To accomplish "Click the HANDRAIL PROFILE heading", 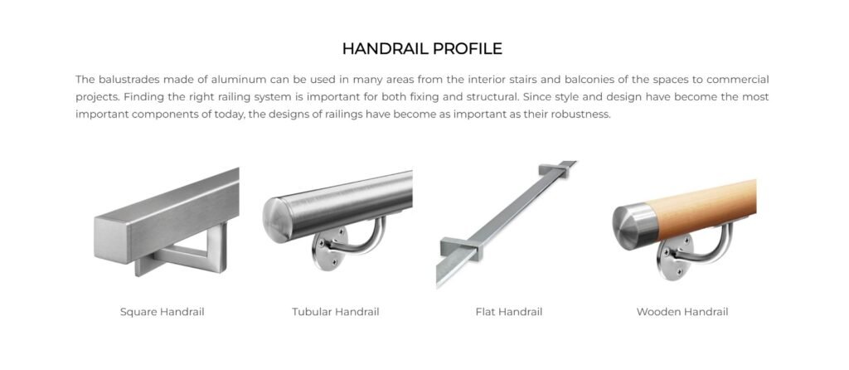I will click(422, 48).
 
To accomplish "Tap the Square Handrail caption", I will click(162, 312).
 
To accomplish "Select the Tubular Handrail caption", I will click(335, 312).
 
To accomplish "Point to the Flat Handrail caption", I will click(508, 312).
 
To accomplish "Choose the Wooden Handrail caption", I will click(682, 312).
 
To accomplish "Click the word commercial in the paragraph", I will click(736, 80).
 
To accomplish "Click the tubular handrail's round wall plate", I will click(330, 255).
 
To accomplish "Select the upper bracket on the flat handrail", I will click(555, 173).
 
